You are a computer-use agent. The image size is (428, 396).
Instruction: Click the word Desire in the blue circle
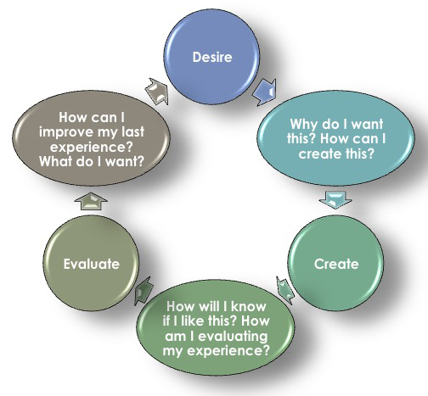(x=212, y=57)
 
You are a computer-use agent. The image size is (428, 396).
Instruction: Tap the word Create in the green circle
(x=336, y=264)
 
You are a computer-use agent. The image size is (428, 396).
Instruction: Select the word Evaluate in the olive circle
(x=92, y=264)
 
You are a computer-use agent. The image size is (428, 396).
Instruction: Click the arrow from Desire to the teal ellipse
(x=265, y=92)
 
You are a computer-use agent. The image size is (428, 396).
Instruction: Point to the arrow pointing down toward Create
(x=335, y=200)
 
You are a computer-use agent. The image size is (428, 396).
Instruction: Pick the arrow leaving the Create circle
(x=285, y=290)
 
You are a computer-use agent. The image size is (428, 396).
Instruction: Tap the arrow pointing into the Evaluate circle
(x=144, y=291)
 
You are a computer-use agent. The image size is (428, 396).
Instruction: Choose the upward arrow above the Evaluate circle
(x=91, y=201)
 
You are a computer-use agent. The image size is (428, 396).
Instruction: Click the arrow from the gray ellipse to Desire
(x=157, y=91)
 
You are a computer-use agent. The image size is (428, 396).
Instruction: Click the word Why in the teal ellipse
(x=303, y=125)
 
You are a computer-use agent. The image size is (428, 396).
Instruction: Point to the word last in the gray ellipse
(x=132, y=131)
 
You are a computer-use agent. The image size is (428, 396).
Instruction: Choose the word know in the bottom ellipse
(x=249, y=307)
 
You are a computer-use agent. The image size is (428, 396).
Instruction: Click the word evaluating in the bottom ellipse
(x=233, y=337)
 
